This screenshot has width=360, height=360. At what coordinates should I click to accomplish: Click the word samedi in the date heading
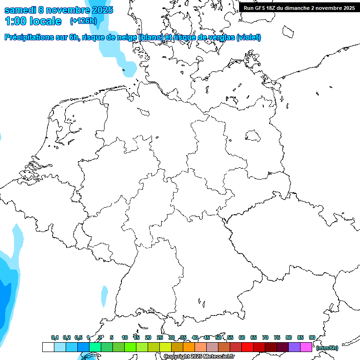21,10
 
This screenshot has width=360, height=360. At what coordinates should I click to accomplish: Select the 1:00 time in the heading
16,21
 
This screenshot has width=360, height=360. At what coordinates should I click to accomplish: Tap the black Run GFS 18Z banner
299,7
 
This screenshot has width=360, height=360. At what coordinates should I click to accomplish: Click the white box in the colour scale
48,347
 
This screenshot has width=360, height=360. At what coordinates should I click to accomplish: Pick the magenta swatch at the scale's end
306,347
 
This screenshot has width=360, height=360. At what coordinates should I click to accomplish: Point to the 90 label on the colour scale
312,337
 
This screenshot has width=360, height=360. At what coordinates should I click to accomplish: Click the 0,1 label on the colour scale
55,337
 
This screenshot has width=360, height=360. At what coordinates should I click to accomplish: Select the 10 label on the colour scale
125,337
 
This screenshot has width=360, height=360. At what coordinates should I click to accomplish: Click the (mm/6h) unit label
327,348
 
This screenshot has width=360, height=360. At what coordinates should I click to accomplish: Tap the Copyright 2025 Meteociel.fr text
199,357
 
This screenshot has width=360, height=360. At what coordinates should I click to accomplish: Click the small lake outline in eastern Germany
253,136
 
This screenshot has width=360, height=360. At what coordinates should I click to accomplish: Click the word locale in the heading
45,21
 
